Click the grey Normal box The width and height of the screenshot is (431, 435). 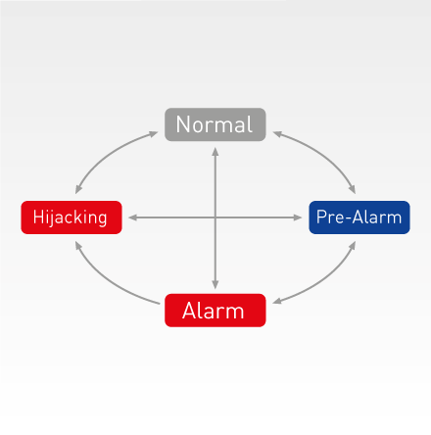tap(215, 124)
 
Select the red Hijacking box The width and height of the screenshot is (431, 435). tap(72, 217)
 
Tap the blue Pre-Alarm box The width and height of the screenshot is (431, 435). tap(359, 217)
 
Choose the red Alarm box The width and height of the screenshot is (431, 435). tap(215, 311)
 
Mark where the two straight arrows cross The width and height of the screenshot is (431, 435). tap(215, 217)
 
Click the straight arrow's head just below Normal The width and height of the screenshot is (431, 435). tap(215, 151)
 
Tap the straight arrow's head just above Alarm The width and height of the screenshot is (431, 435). tap(215, 285)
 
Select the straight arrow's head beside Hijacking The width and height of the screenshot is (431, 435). tap(132, 217)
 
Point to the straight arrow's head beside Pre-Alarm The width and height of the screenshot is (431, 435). tap(298, 217)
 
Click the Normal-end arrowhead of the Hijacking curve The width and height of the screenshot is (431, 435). tap(154, 133)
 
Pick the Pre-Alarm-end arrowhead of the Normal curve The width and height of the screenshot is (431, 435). tap(353, 190)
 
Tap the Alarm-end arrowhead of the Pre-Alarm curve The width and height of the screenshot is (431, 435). tap(277, 302)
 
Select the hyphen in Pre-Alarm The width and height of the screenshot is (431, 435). tap(349, 218)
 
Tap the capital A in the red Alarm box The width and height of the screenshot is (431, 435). tap(190, 311)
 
